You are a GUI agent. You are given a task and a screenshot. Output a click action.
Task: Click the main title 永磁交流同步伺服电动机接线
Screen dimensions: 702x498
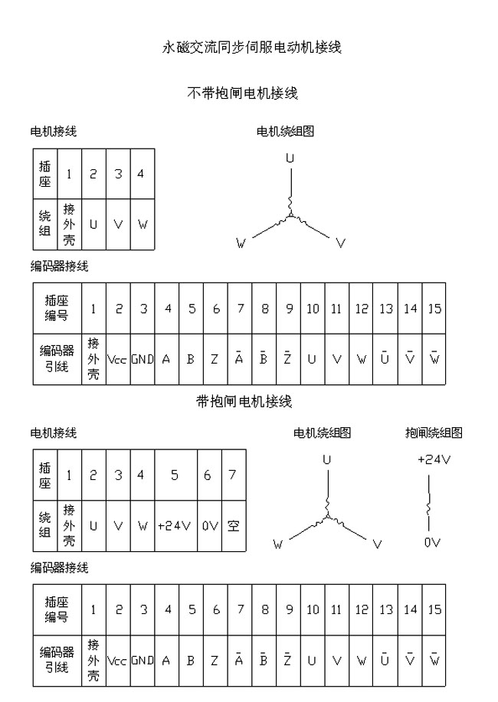point(251,47)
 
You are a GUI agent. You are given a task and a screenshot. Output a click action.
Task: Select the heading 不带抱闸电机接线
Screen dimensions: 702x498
point(242,93)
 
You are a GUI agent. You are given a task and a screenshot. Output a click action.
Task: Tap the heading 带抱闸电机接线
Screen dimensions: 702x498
point(244,401)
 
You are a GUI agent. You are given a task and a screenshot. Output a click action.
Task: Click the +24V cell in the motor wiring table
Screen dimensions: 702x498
point(175,526)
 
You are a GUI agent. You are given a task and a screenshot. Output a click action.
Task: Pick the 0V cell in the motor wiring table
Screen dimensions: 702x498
point(210,526)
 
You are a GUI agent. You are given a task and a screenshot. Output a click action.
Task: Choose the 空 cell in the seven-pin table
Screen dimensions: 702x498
point(233,526)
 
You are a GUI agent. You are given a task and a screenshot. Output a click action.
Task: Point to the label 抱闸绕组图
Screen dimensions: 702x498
point(434,433)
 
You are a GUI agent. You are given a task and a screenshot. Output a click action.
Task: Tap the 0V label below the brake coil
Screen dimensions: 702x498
point(432,542)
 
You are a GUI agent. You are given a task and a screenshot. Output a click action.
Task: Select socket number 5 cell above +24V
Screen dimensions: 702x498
point(175,475)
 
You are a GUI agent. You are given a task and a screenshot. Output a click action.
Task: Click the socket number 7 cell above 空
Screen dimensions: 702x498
point(233,475)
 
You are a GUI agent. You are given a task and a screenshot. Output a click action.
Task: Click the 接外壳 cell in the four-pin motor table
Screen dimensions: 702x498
point(69,225)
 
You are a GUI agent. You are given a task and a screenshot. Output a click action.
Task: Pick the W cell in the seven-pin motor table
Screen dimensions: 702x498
point(142,526)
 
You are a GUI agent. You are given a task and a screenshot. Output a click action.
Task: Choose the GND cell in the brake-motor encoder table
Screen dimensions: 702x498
point(142,660)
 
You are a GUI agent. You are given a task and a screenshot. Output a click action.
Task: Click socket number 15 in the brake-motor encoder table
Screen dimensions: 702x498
point(434,610)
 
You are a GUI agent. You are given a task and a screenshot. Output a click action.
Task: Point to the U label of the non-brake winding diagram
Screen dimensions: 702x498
point(290,158)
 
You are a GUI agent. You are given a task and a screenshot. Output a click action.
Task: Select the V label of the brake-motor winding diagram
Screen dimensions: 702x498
point(377,544)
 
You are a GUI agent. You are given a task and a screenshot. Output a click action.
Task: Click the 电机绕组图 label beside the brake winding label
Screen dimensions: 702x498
point(322,433)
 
